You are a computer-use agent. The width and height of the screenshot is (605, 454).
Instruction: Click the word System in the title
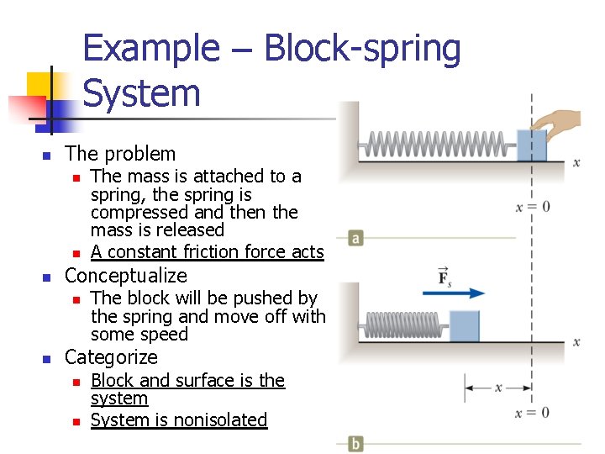142,92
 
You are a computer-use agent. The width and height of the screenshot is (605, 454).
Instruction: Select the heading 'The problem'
120,154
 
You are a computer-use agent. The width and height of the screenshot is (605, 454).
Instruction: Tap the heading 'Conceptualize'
126,276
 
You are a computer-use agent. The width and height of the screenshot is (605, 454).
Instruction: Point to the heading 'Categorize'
111,357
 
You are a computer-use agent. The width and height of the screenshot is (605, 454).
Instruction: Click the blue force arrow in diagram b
461,293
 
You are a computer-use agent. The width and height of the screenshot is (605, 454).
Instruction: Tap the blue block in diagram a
533,145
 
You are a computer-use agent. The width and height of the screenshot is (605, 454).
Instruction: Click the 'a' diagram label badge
356,239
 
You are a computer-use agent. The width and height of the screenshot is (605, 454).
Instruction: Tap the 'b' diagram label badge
356,443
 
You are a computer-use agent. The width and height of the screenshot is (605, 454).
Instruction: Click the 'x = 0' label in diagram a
533,207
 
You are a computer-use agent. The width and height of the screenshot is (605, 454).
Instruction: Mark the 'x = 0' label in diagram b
533,412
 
